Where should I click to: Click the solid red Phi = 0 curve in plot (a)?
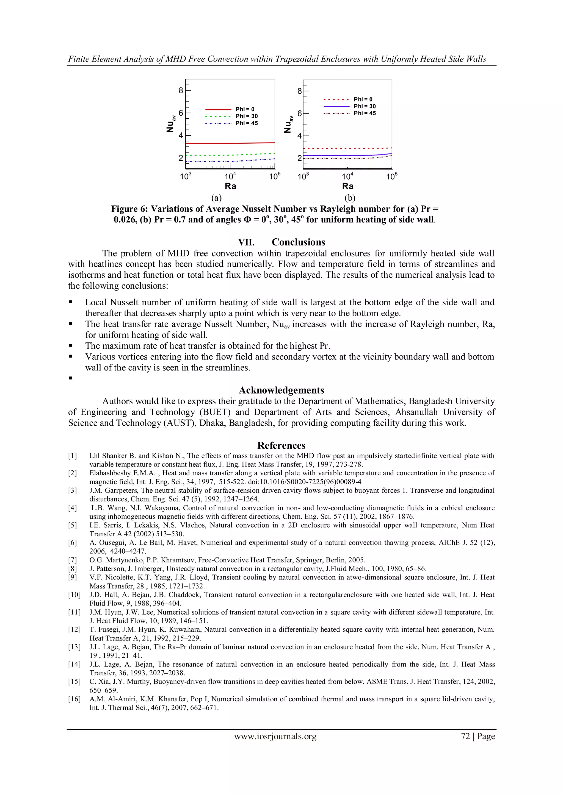229,143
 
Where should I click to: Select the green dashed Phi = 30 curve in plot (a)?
229,154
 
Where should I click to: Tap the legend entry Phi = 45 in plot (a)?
247,123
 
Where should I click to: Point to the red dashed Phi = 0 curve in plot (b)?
347,149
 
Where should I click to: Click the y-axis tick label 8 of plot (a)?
181,91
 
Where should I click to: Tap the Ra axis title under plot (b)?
348,186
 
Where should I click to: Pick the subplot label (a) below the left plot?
216,198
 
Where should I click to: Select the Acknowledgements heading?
281,390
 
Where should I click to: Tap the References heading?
281,445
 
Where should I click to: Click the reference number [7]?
73,560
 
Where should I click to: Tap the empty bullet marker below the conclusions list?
70,378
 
